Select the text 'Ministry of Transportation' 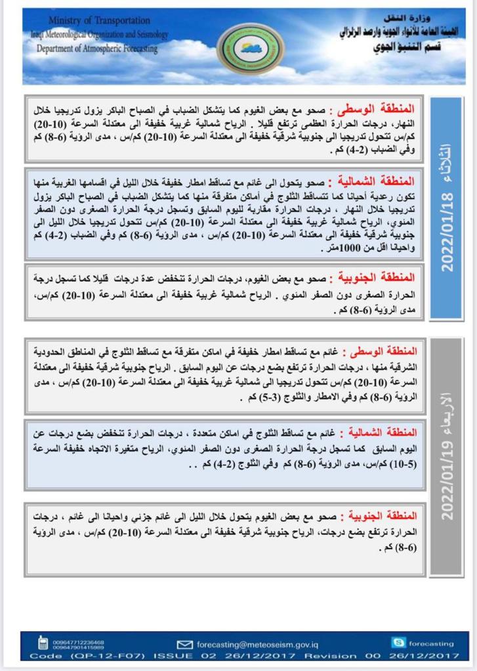pos(99,21)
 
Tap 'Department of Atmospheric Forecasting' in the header pos(97,48)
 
